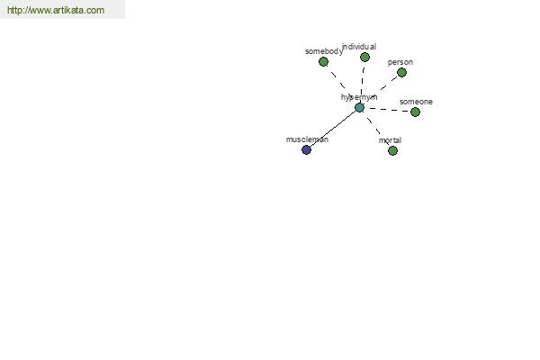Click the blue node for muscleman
306,150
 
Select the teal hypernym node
359,107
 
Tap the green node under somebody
323,62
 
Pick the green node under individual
364,58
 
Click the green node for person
401,72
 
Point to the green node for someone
415,112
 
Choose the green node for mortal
392,150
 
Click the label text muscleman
307,139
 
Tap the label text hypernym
359,97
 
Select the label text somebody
324,51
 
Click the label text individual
359,47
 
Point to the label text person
400,62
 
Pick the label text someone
416,102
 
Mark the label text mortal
390,140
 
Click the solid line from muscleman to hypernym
333,129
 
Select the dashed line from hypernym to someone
387,110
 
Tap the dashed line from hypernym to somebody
341,85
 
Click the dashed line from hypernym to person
381,90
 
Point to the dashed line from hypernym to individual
362,82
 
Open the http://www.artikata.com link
56,10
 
